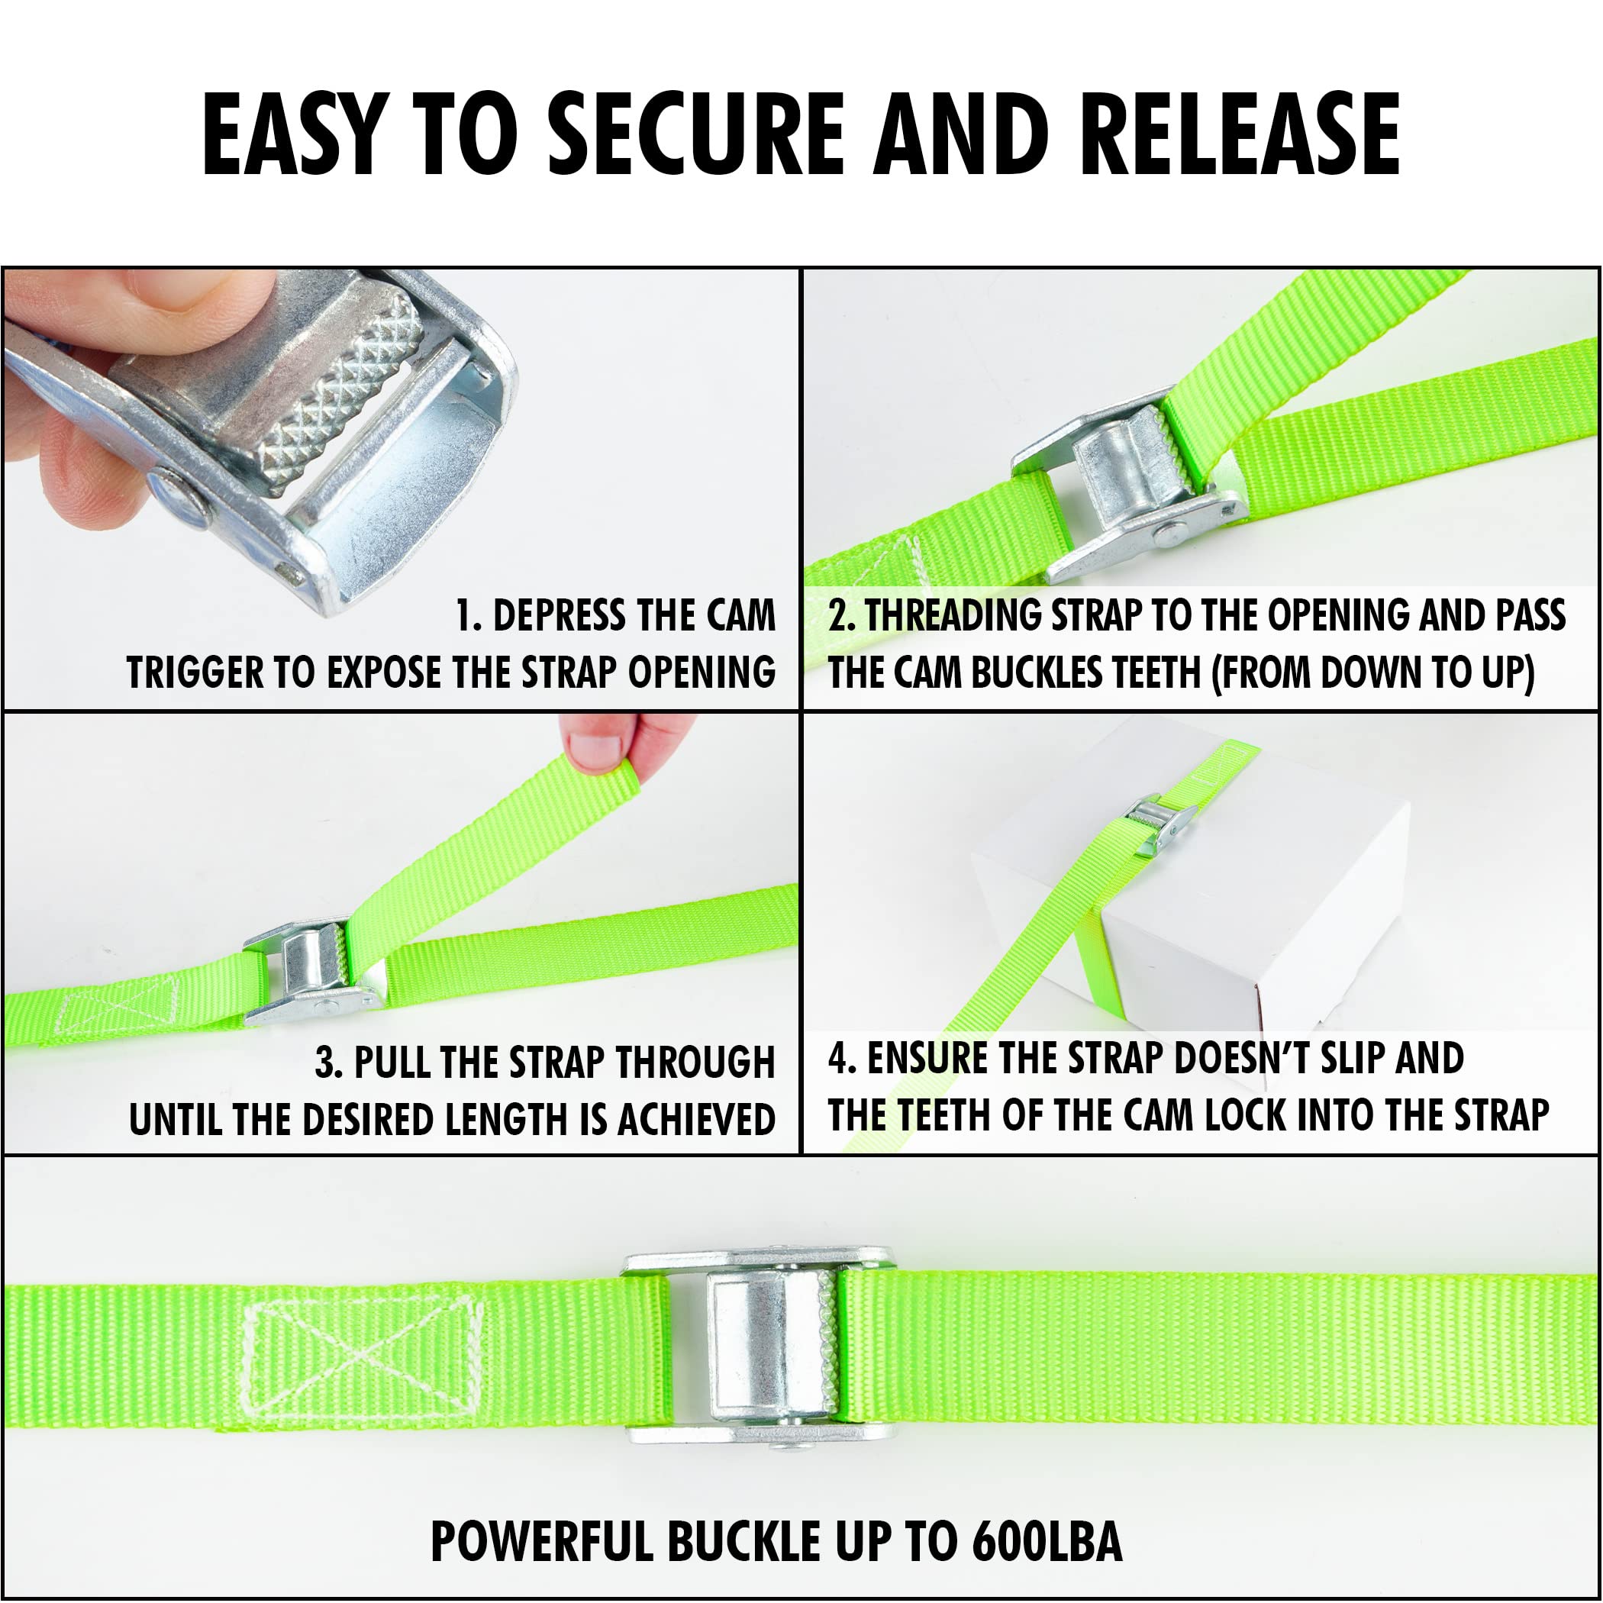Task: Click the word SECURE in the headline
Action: click(x=695, y=134)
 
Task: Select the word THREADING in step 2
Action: click(x=954, y=616)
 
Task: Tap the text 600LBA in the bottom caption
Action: click(x=1047, y=1542)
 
